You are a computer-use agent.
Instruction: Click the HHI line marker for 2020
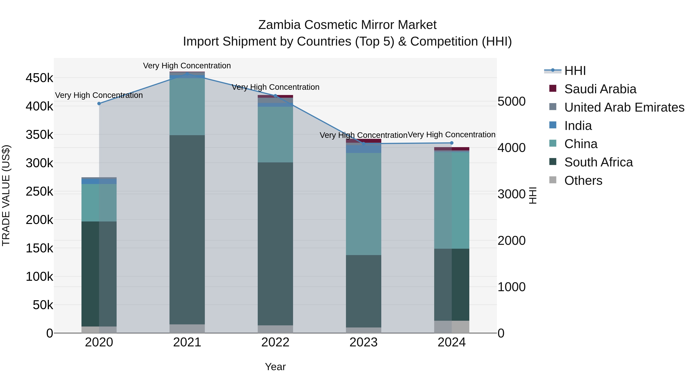[99, 104]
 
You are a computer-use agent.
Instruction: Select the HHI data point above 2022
[275, 96]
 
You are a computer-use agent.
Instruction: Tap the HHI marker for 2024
[452, 143]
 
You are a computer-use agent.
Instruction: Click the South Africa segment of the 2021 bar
[187, 229]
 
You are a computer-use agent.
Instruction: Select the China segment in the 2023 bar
[363, 204]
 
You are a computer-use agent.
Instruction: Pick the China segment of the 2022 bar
[275, 134]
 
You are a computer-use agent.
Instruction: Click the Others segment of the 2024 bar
[452, 327]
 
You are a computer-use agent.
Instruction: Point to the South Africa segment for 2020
[99, 274]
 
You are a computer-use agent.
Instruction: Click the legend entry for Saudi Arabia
[600, 89]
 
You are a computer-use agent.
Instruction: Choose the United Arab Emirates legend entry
[624, 107]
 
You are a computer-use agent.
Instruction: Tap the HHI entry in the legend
[575, 71]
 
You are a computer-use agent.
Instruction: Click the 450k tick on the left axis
[39, 78]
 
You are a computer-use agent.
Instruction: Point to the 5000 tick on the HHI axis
[511, 102]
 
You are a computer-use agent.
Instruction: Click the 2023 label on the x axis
[363, 342]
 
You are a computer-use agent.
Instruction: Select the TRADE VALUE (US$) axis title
[6, 195]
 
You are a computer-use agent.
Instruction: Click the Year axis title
[275, 367]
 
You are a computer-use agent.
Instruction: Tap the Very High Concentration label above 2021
[187, 66]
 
